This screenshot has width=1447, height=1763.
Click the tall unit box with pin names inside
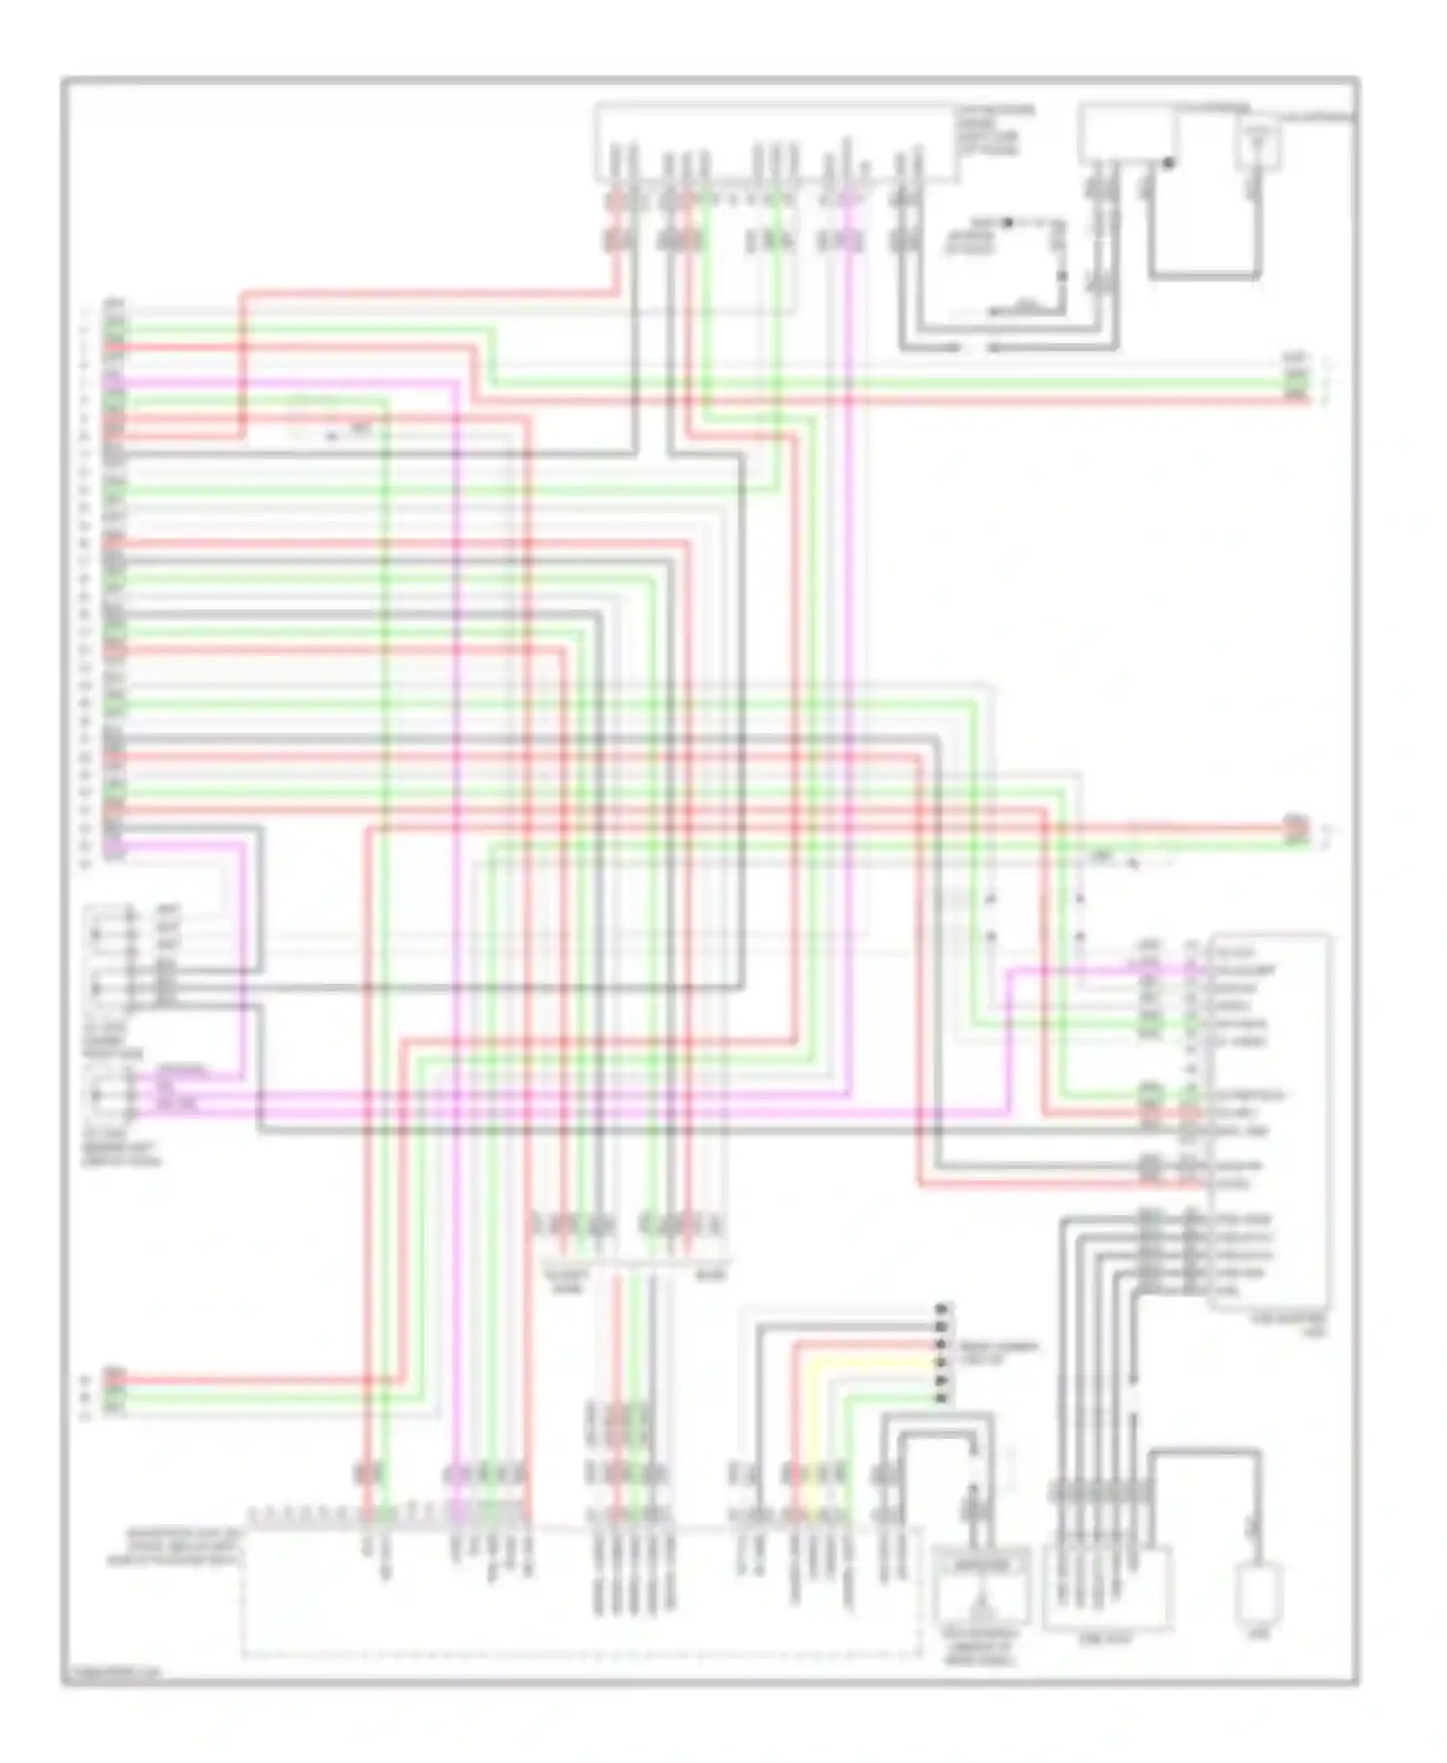tap(1269, 1119)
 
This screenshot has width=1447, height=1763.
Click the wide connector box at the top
tap(777, 143)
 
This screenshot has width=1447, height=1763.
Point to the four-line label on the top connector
tap(994, 131)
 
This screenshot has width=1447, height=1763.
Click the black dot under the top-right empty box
tap(1169, 163)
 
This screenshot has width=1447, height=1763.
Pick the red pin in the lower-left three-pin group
tap(115, 1379)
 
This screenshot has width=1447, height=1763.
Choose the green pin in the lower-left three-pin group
tap(115, 1395)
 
